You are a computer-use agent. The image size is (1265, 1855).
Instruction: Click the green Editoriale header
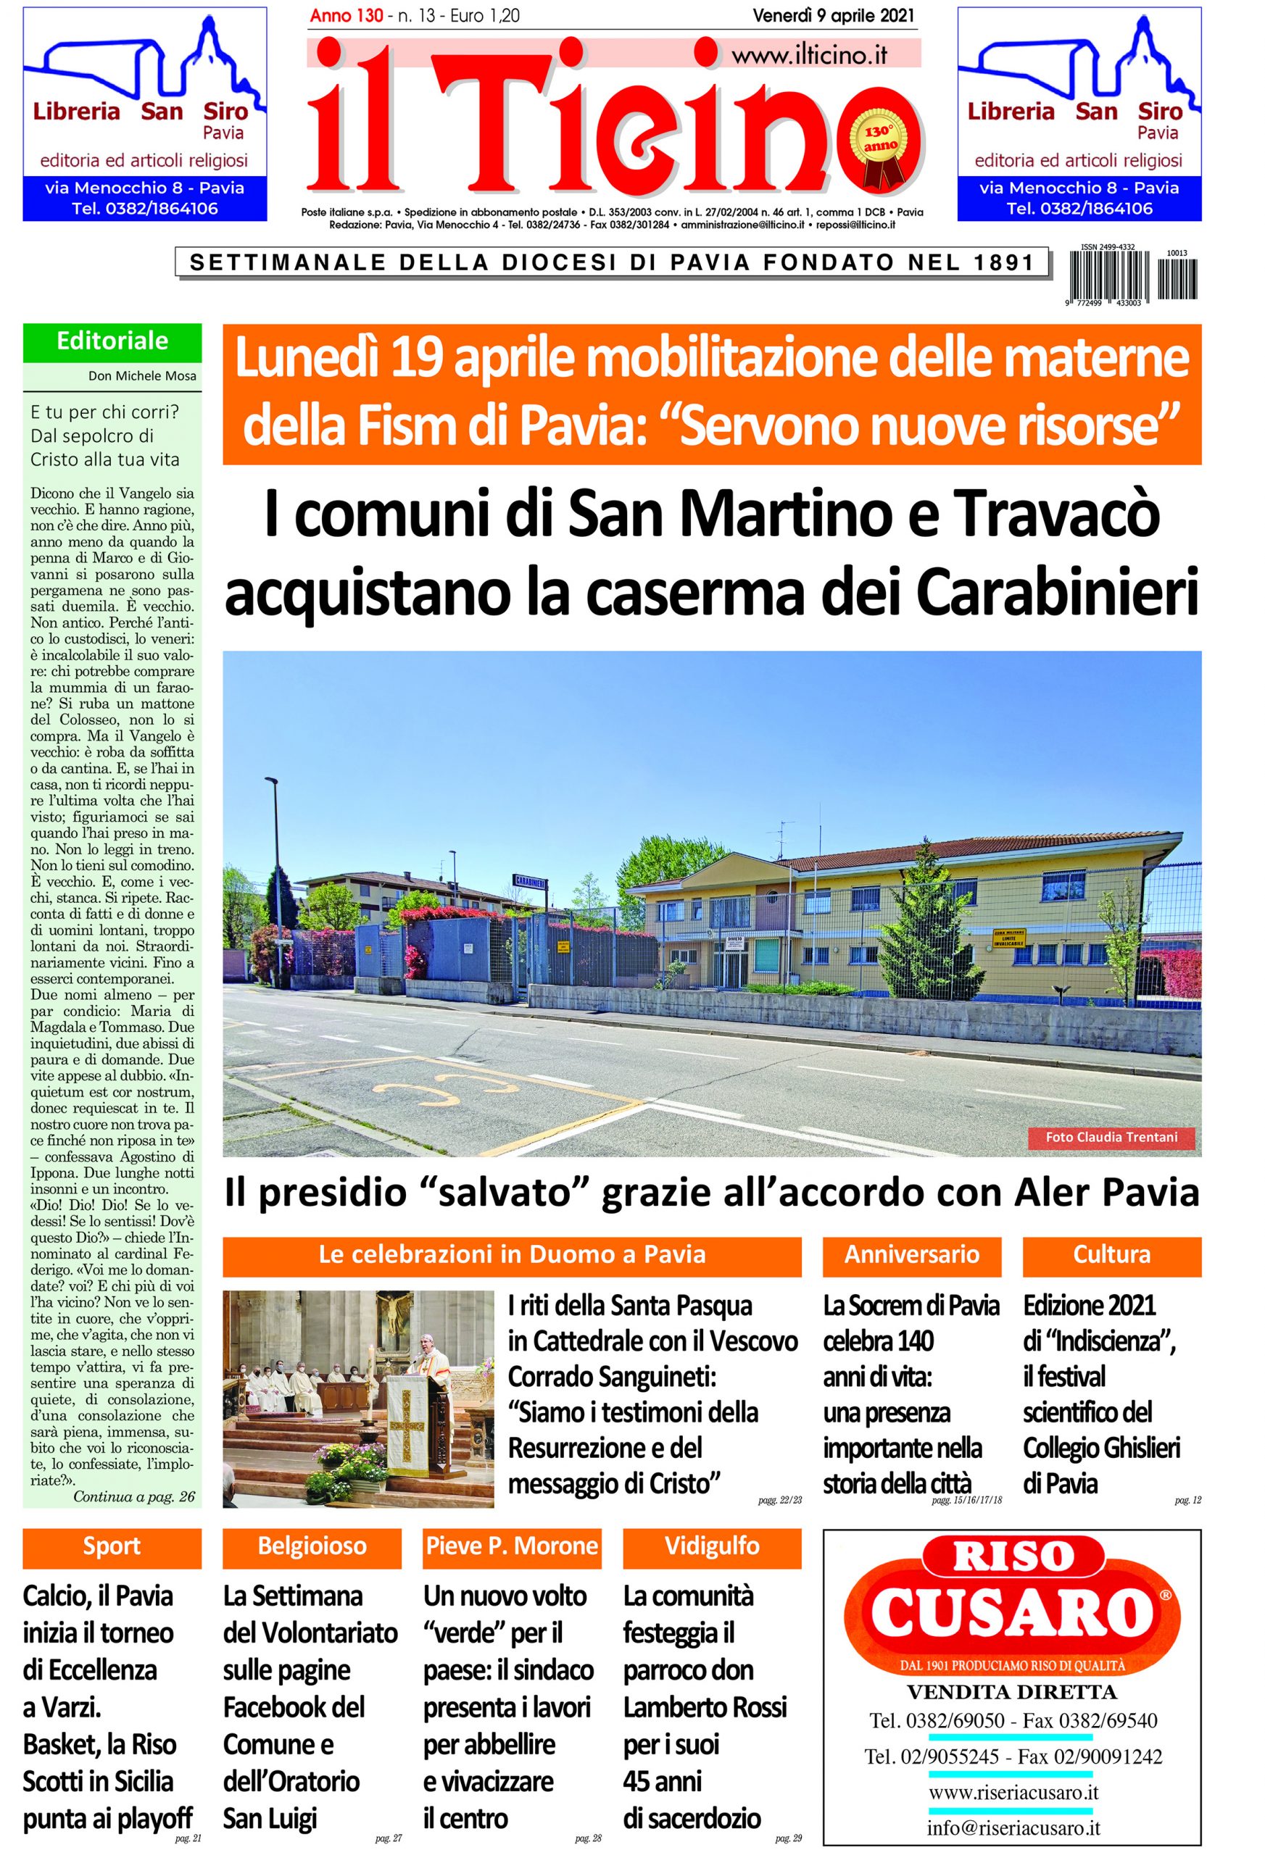[x=112, y=341]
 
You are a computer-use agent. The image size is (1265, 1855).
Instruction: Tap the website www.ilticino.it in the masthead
[x=808, y=55]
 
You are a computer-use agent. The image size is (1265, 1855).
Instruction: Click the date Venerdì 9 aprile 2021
[x=834, y=15]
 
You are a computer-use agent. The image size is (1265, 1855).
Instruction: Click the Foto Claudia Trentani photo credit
[x=1111, y=1137]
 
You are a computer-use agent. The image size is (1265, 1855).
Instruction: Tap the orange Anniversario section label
[x=911, y=1254]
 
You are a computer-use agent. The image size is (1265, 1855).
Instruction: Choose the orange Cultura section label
[x=1111, y=1254]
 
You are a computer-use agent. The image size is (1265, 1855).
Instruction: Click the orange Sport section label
[x=112, y=1546]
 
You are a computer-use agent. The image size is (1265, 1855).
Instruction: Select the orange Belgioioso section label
[x=312, y=1546]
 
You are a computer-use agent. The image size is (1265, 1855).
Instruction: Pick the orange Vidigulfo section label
[x=712, y=1546]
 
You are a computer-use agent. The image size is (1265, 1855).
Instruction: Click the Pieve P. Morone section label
[x=512, y=1546]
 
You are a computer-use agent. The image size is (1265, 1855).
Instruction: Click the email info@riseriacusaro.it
[x=1013, y=1822]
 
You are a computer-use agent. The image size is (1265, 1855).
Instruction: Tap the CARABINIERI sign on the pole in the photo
[x=528, y=881]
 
